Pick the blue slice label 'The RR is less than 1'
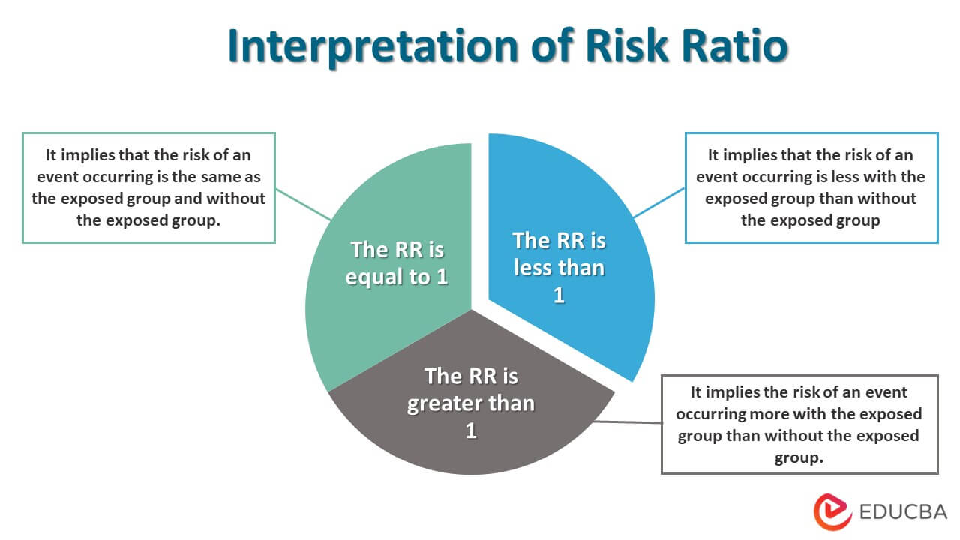coord(559,267)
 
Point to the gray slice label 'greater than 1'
coord(471,403)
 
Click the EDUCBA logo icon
coord(832,512)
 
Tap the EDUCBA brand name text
coord(903,513)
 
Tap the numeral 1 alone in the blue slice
coord(559,295)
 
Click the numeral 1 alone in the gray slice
coord(471,430)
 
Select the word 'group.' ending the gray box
coord(799,457)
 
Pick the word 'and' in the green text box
coord(194,199)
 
